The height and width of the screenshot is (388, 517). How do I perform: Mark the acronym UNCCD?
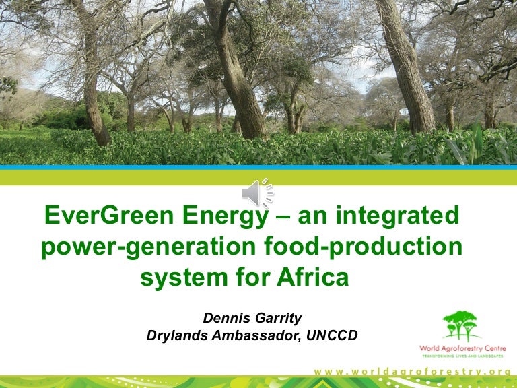333,335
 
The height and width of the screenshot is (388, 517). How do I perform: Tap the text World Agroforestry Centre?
462,348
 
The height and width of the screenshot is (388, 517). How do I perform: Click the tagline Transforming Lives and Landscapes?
462,357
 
